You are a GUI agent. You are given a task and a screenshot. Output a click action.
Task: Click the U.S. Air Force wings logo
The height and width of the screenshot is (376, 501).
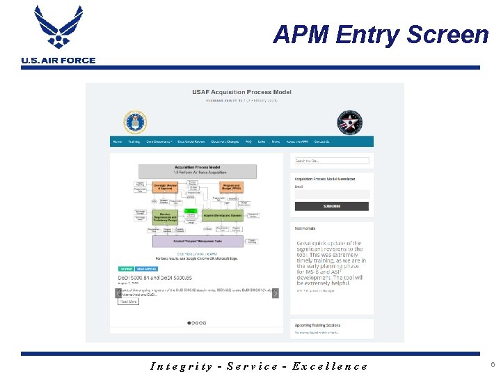(x=58, y=28)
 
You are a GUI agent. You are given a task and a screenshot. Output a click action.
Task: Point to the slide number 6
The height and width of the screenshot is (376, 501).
(x=492, y=364)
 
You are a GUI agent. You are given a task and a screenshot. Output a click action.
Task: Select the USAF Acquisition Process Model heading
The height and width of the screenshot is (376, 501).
(x=241, y=92)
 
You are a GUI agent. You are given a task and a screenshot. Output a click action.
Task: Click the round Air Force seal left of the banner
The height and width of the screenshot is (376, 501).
(x=135, y=122)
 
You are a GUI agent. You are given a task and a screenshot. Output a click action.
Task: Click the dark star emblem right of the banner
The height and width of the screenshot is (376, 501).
(x=349, y=123)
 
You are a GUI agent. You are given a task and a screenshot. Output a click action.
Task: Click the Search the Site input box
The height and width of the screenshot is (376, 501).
(x=331, y=161)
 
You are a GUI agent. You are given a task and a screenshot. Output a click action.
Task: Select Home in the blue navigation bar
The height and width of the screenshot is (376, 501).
(x=117, y=141)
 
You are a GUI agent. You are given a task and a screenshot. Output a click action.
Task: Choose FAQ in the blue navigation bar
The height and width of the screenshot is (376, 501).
(x=248, y=141)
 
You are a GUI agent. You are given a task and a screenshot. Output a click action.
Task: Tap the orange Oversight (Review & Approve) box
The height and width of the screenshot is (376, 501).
(x=164, y=187)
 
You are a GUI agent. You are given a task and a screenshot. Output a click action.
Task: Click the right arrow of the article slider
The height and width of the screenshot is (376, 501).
(x=276, y=293)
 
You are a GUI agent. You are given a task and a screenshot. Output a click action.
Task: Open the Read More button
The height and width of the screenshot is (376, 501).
(x=129, y=301)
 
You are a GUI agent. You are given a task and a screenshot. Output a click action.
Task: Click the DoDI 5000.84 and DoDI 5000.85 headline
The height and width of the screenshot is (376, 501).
(x=155, y=277)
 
